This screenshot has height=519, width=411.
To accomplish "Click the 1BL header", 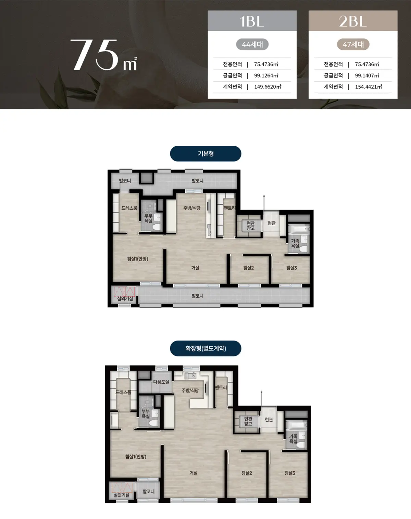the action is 252,21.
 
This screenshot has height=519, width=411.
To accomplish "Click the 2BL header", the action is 353,21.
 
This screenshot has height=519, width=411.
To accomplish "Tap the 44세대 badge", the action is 252,44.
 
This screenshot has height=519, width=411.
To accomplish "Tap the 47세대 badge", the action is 353,44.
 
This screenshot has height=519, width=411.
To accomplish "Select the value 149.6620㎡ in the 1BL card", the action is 267,87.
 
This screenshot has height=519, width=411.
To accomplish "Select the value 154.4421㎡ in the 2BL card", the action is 368,87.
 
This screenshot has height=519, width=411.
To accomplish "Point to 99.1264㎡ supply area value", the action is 266,75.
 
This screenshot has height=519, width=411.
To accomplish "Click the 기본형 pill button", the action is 206,154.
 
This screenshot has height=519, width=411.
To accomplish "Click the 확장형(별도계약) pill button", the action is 206,348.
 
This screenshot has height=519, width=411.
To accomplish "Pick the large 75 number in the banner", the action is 95,55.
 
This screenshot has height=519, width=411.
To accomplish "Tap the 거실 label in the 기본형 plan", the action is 195,268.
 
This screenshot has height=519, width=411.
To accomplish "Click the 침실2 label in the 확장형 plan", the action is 247,473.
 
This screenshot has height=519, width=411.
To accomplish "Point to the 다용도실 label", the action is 161,382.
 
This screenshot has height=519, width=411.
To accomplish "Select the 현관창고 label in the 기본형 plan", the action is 250,226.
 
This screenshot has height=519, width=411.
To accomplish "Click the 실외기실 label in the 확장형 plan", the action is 122,495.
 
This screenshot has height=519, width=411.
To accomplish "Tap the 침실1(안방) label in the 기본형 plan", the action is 137,259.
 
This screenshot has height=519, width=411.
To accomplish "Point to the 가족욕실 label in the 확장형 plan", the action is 293,439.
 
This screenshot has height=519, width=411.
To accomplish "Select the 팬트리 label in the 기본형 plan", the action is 229,208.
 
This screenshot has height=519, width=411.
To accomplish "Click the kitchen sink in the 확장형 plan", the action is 190,375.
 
